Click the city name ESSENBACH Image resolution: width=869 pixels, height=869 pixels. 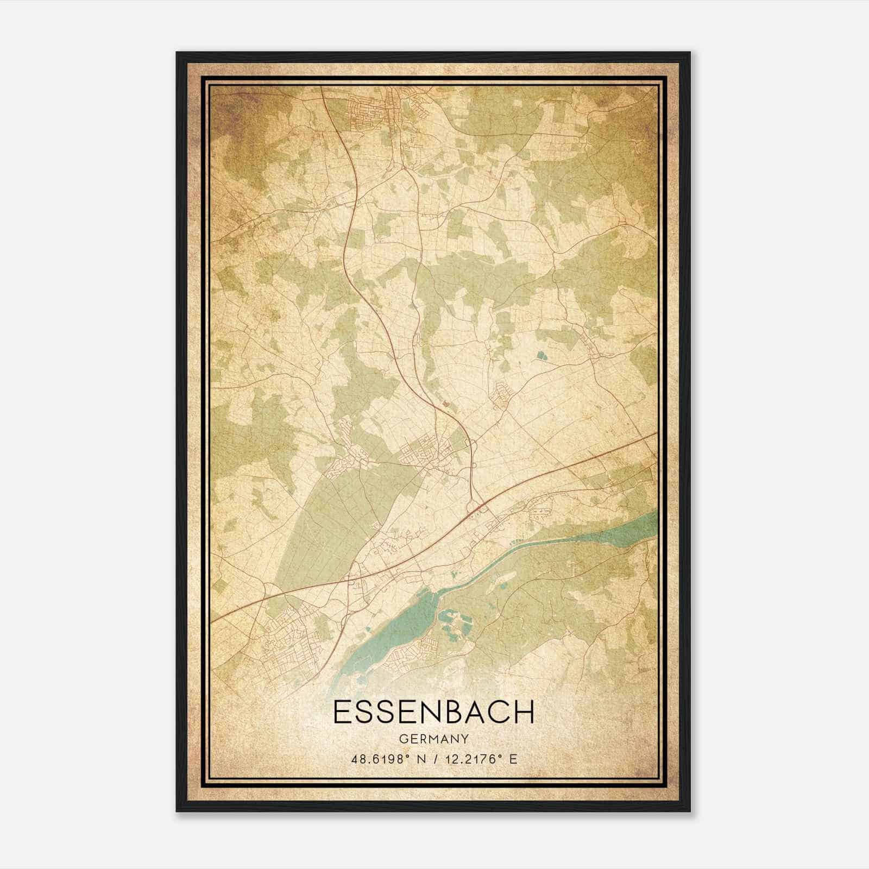pyautogui.click(x=433, y=712)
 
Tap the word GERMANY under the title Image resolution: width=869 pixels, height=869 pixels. pyautogui.click(x=433, y=739)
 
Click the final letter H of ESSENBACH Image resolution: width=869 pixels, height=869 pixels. pyautogui.click(x=525, y=712)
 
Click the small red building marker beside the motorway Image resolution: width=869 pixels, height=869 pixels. pyautogui.click(x=446, y=404)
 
